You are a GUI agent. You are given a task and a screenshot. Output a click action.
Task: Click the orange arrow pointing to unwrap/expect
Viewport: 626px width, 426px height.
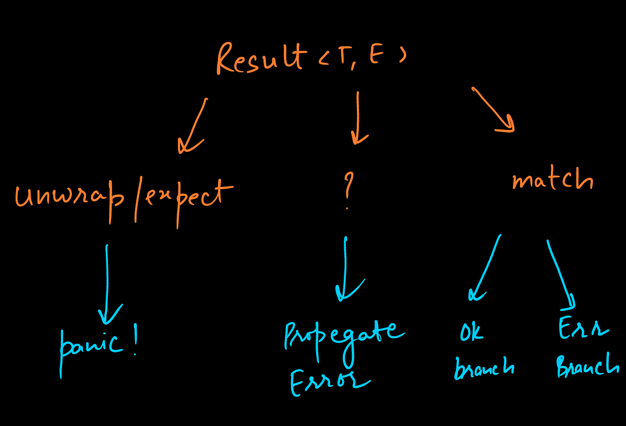click(x=193, y=125)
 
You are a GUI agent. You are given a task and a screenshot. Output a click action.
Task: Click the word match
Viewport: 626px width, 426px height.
click(x=552, y=180)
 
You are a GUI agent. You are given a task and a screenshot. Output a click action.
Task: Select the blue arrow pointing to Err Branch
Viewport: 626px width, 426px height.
click(x=561, y=274)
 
